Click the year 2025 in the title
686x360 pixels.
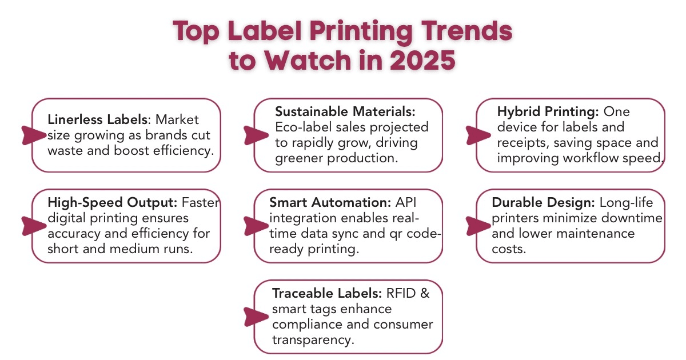tap(423, 60)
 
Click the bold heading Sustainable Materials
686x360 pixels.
tap(345, 110)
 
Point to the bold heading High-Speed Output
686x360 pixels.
tap(113, 202)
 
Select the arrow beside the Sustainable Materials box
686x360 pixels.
tap(255, 134)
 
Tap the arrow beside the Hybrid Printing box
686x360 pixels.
tap(477, 134)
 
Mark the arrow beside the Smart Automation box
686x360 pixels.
tap(255, 226)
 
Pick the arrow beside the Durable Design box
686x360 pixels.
tap(477, 226)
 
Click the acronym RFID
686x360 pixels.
tap(402, 293)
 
